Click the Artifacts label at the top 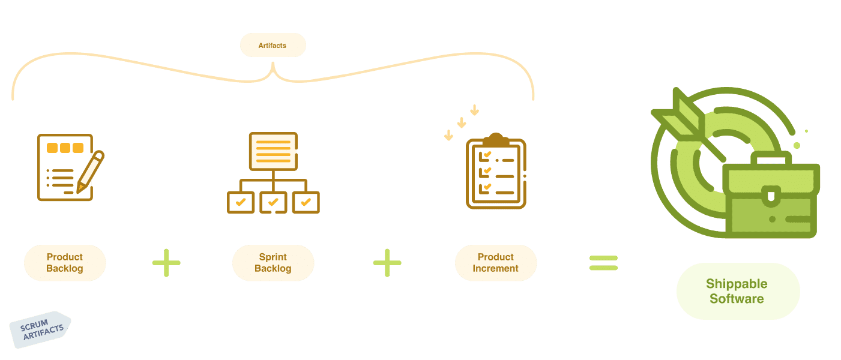[x=273, y=46]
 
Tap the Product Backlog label [x=65, y=263]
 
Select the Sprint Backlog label [x=273, y=263]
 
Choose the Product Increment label [x=496, y=263]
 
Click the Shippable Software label [x=738, y=292]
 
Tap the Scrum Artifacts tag [x=40, y=329]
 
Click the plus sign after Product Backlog [x=166, y=263]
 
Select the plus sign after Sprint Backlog [x=387, y=263]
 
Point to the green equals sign [x=603, y=263]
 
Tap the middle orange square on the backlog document [x=65, y=148]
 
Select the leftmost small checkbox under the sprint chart [x=241, y=202]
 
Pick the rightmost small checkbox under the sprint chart [x=306, y=202]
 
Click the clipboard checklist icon [x=496, y=172]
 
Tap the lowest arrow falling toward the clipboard [x=448, y=136]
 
